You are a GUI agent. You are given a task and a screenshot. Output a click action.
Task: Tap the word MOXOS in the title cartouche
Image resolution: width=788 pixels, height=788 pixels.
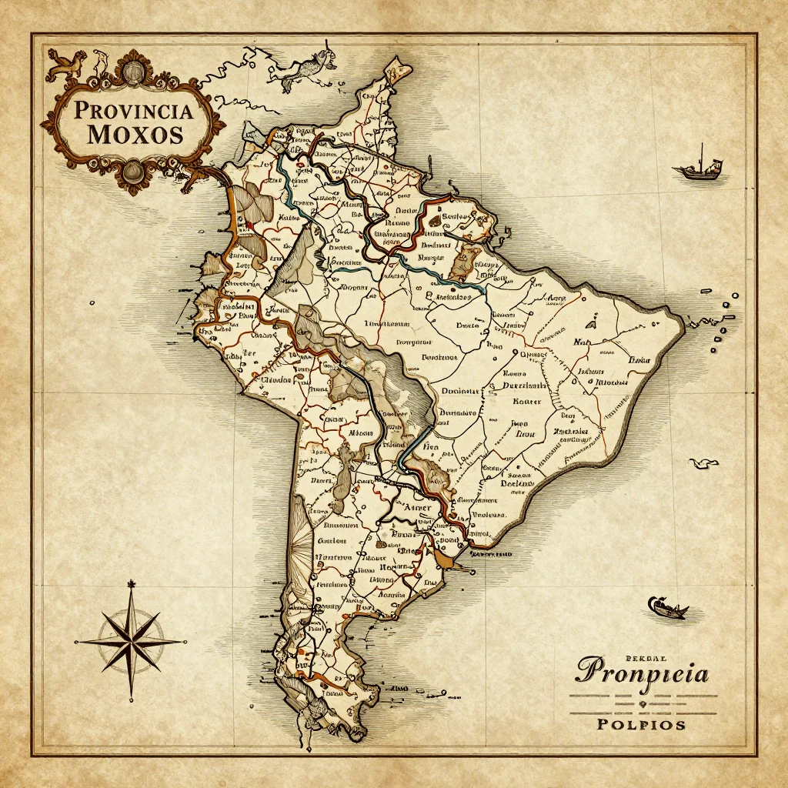(x=135, y=135)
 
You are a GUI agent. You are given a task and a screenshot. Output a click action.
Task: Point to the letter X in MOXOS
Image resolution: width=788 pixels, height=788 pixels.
(x=135, y=135)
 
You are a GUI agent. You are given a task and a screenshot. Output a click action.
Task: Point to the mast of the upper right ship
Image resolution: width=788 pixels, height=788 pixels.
(x=701, y=155)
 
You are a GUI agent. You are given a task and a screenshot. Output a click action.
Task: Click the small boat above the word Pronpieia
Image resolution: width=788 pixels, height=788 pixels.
(x=667, y=608)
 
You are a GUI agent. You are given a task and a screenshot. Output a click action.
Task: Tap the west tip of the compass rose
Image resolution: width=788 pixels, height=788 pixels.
(x=75, y=640)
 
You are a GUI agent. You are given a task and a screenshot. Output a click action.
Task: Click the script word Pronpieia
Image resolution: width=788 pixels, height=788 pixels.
(x=643, y=673)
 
